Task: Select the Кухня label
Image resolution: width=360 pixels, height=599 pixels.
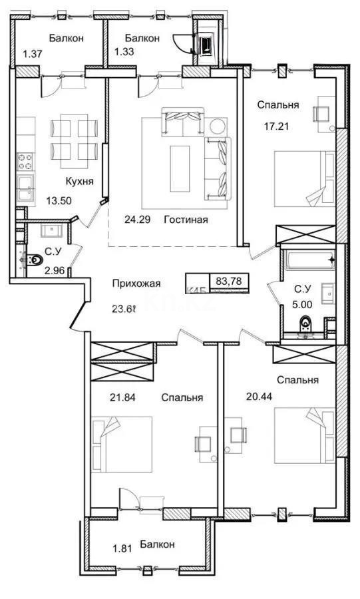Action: pyautogui.click(x=79, y=180)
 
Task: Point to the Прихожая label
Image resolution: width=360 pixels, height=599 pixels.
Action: pyautogui.click(x=136, y=284)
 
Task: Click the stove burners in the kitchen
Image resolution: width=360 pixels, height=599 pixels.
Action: pyautogui.click(x=25, y=162)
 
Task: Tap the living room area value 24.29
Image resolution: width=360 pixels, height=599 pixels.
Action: pyautogui.click(x=138, y=219)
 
